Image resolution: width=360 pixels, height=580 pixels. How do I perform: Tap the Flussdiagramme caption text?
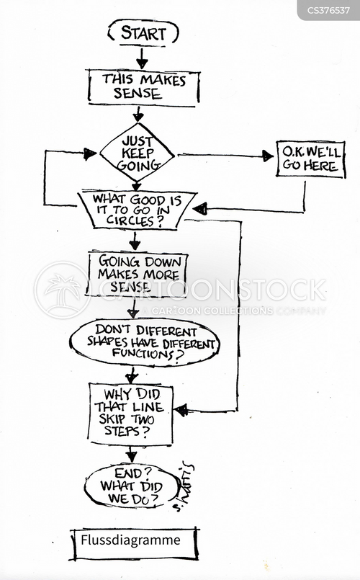point(130,540)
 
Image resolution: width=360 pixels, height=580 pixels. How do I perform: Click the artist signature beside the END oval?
point(184,488)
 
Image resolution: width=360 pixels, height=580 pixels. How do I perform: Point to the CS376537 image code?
point(328,10)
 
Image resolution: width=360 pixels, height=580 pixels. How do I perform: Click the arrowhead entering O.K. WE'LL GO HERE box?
point(268,156)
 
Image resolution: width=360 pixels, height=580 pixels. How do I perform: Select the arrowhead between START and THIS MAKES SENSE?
point(142,63)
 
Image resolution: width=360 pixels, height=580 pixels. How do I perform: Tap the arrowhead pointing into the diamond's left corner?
point(90,154)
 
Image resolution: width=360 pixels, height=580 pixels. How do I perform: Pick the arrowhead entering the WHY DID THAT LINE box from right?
point(181,410)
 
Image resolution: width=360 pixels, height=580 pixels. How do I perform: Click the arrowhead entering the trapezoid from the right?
point(200,210)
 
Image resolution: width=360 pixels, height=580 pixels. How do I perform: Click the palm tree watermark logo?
point(62,290)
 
